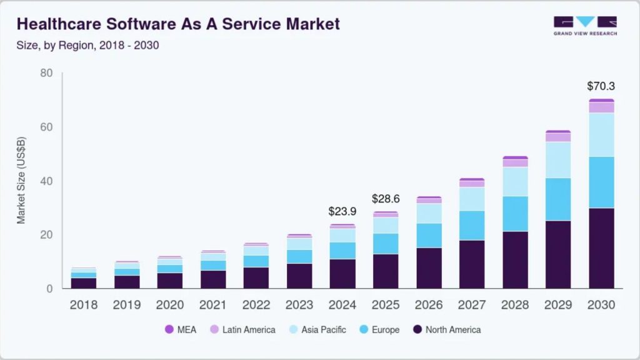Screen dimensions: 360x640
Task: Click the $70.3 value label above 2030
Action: coord(601,86)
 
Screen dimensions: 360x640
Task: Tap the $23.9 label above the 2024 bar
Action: coord(342,211)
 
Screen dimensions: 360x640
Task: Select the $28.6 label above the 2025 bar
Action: coord(386,199)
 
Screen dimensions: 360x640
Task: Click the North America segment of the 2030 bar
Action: coord(601,247)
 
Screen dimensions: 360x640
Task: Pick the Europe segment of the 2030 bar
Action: coord(601,182)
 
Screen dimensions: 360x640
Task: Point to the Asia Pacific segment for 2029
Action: coord(558,160)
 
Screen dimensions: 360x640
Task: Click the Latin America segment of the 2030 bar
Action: coord(601,107)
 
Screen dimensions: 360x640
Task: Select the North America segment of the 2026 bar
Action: coord(429,267)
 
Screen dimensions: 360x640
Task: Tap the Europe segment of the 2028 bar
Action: coord(515,214)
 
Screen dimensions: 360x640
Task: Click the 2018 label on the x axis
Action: coord(84,305)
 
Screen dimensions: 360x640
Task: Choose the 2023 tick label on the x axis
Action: coord(299,305)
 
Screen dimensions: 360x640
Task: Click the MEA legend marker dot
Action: coord(169,329)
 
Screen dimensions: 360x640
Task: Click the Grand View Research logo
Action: coord(585,26)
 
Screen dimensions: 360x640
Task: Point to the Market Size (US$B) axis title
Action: coord(21,181)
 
